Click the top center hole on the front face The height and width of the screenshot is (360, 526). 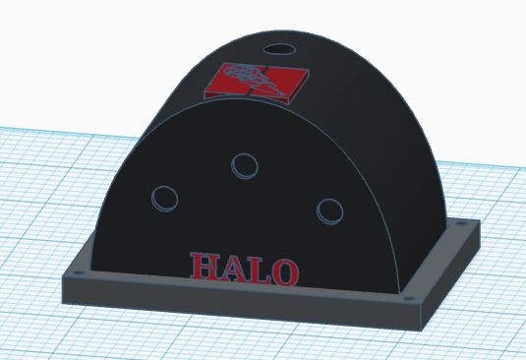(243, 165)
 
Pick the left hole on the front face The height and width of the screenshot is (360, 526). (165, 197)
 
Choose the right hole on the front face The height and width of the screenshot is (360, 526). (328, 210)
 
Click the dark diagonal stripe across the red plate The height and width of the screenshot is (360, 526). (263, 83)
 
